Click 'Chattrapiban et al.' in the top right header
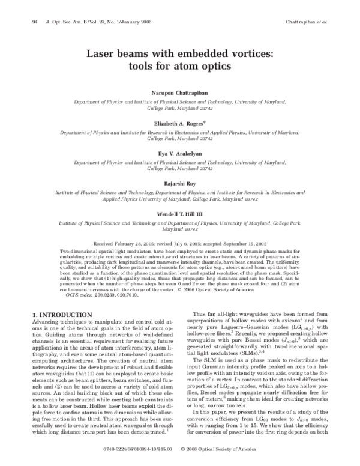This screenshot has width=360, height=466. pyautogui.click(x=306, y=22)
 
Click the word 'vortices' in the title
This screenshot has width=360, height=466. pyautogui.click(x=247, y=53)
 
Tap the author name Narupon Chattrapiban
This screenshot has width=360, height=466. pyautogui.click(x=179, y=94)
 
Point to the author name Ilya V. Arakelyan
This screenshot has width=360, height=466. pyautogui.click(x=179, y=153)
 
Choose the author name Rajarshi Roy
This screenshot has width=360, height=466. pyautogui.click(x=179, y=182)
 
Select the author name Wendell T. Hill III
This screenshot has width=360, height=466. pyautogui.click(x=179, y=214)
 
